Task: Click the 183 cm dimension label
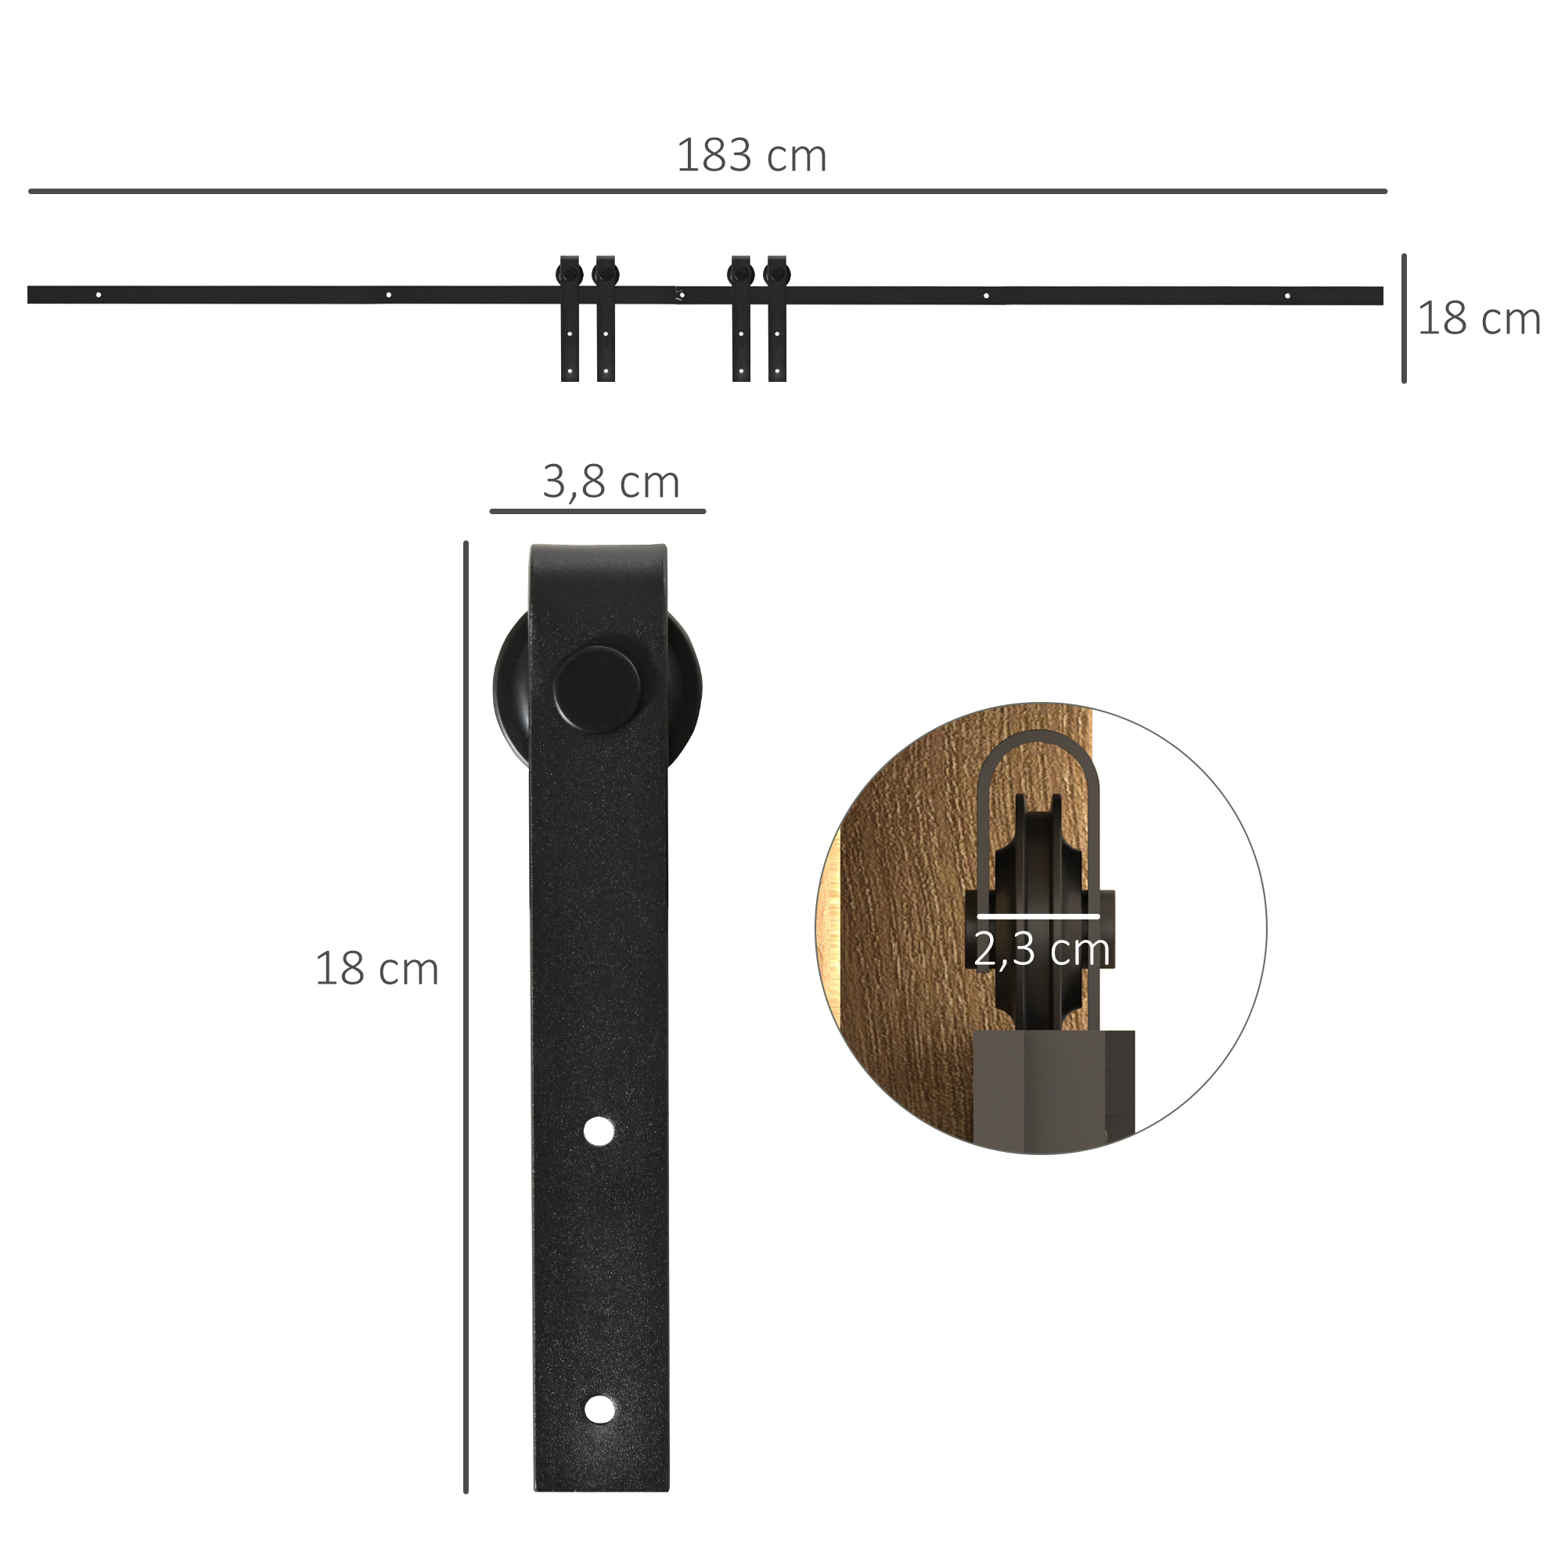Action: [x=751, y=156]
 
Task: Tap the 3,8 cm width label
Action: [x=611, y=482]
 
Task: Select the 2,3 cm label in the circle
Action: [x=1042, y=949]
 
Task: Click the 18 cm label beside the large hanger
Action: [x=376, y=969]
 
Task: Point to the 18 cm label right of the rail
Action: [x=1478, y=319]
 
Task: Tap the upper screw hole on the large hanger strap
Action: [x=599, y=1132]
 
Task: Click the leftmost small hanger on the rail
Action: [x=570, y=318]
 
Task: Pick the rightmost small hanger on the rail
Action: [x=777, y=318]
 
